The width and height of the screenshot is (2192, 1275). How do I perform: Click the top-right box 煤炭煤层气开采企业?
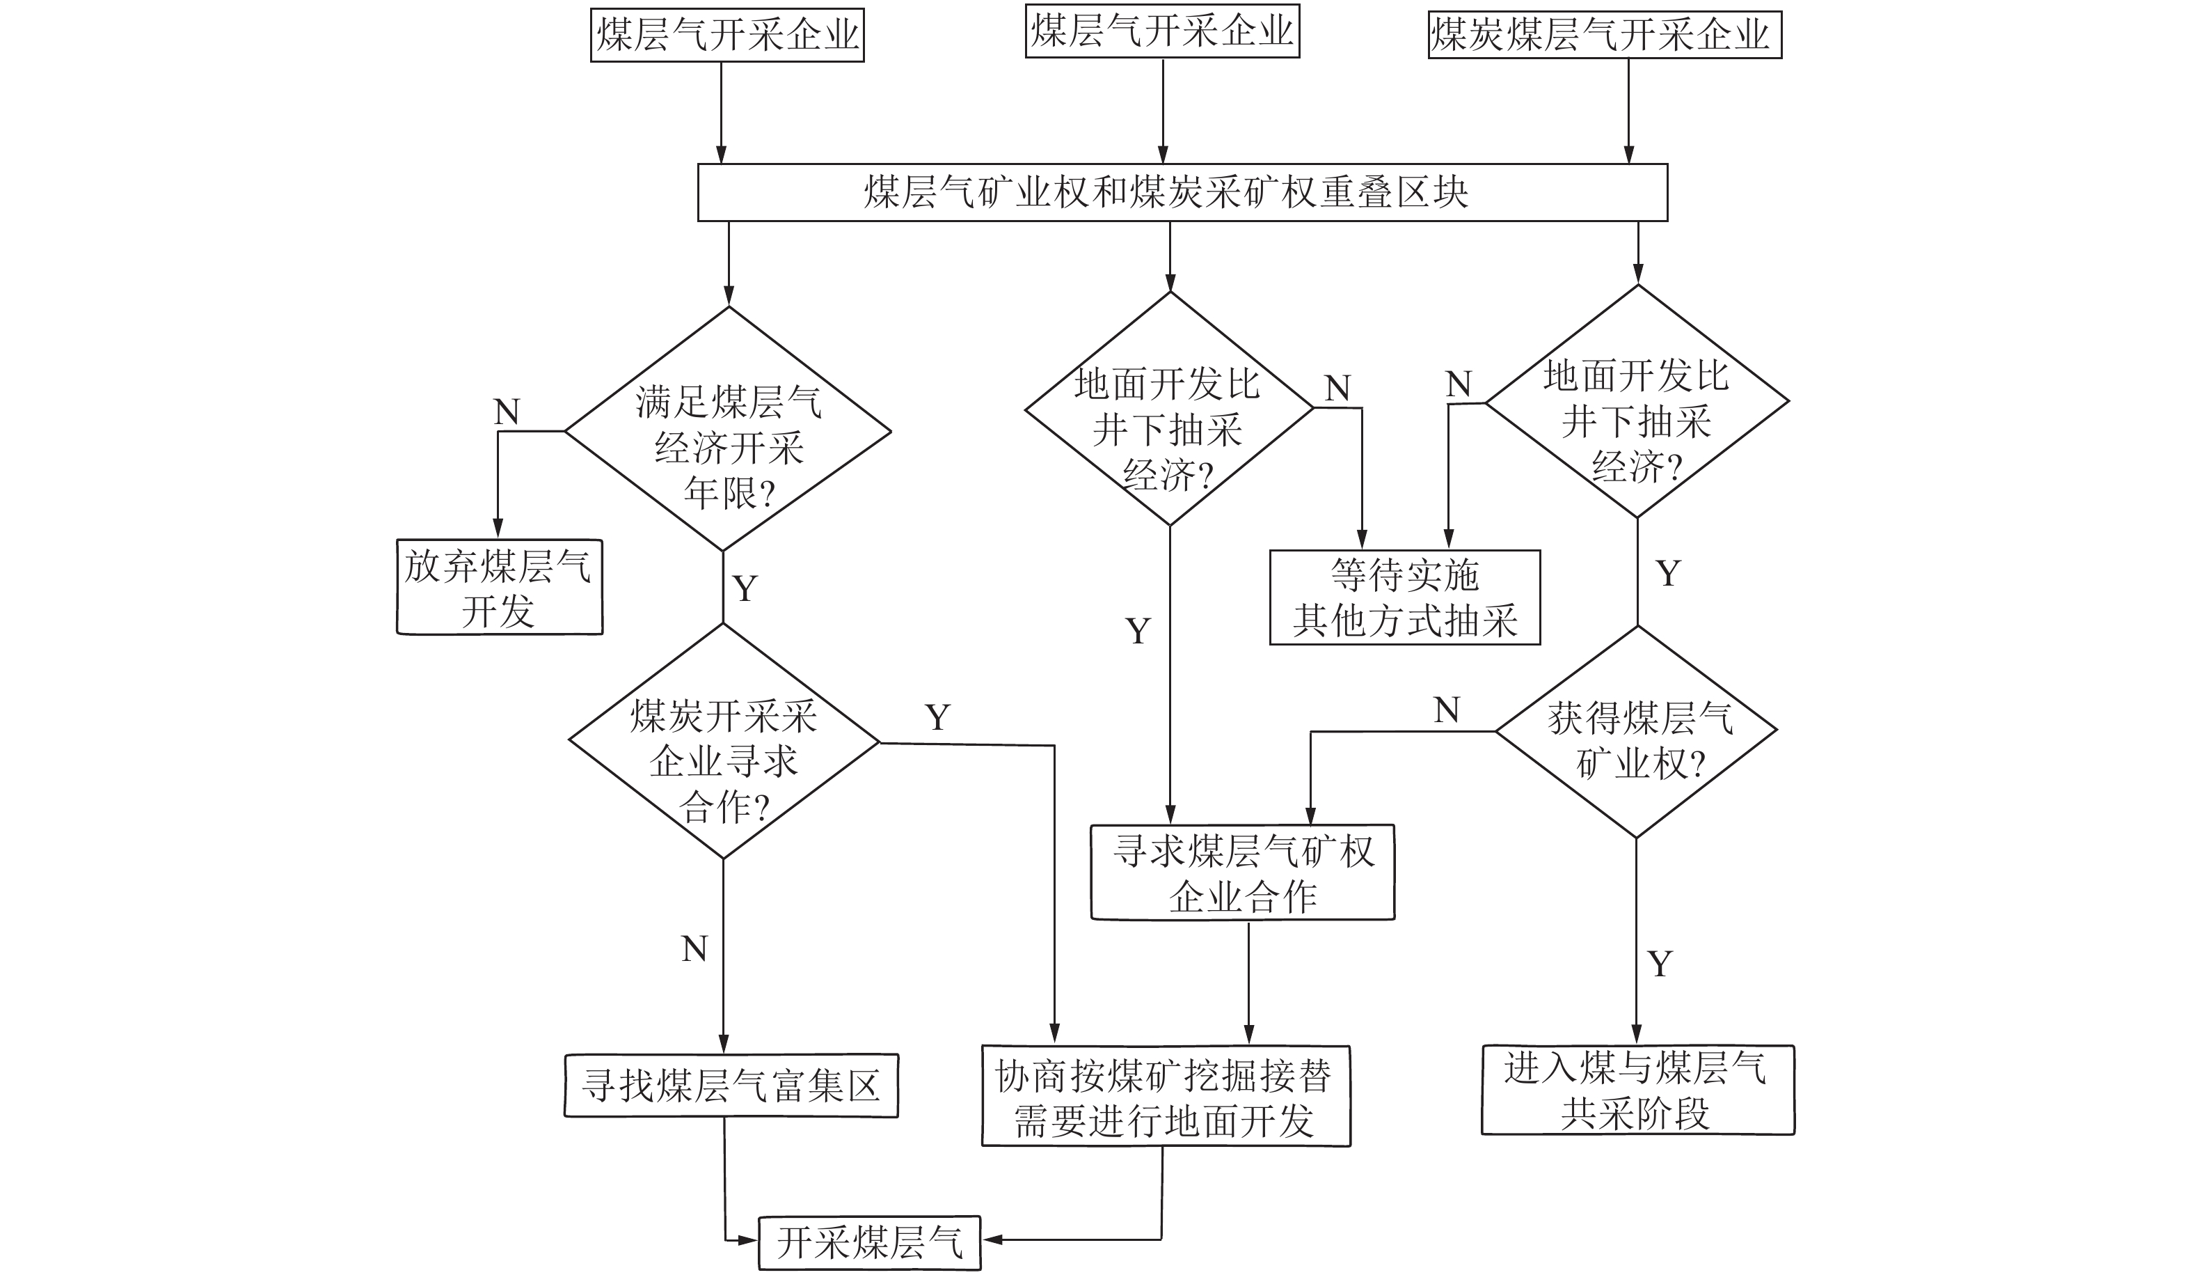coord(1604,35)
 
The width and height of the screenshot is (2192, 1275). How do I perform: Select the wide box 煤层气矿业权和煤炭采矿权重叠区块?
coord(1182,192)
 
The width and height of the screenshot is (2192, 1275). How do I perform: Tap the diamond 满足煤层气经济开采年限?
coord(728,429)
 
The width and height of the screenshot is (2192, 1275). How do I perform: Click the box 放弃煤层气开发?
coord(500,588)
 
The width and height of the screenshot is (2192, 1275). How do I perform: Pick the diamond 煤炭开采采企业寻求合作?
coord(724,742)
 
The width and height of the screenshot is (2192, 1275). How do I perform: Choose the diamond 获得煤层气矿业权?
coord(1636,732)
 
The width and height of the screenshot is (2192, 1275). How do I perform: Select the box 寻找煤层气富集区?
coord(731,1086)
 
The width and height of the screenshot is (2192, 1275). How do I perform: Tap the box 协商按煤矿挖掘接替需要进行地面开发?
coord(1166,1097)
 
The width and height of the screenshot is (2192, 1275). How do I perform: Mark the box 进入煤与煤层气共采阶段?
coord(1637,1090)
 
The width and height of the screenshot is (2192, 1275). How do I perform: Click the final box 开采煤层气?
coord(870,1243)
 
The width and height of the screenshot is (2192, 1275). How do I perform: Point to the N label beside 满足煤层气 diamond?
coord(507,412)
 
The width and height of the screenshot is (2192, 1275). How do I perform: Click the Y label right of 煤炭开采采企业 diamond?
coord(937,718)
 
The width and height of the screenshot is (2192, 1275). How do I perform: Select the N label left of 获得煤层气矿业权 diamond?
coord(1447,711)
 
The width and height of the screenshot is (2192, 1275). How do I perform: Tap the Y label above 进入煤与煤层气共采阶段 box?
coord(1660,964)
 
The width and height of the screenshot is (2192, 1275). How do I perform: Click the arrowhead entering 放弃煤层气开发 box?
coord(498,529)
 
